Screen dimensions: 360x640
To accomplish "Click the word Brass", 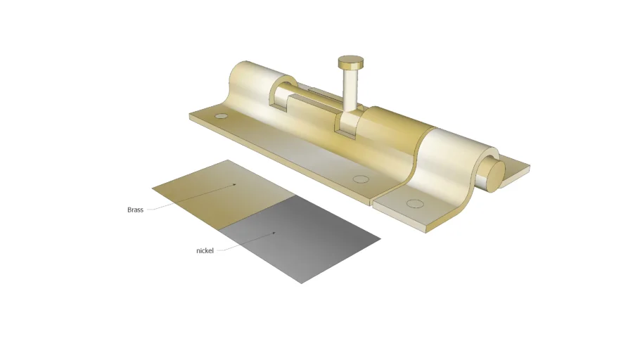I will point(135,210).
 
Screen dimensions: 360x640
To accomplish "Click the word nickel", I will point(205,250).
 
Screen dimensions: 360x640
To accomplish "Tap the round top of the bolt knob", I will point(350,61).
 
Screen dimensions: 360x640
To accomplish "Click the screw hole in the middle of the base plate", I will point(360,179).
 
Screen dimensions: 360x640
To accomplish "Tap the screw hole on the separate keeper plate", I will point(415,205).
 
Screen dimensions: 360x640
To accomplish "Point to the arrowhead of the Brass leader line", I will point(234,185).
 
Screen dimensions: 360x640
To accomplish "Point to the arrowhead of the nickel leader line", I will point(274,233).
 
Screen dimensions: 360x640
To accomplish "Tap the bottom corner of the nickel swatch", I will point(301,283).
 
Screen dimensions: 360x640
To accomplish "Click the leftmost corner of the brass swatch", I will point(153,188).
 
